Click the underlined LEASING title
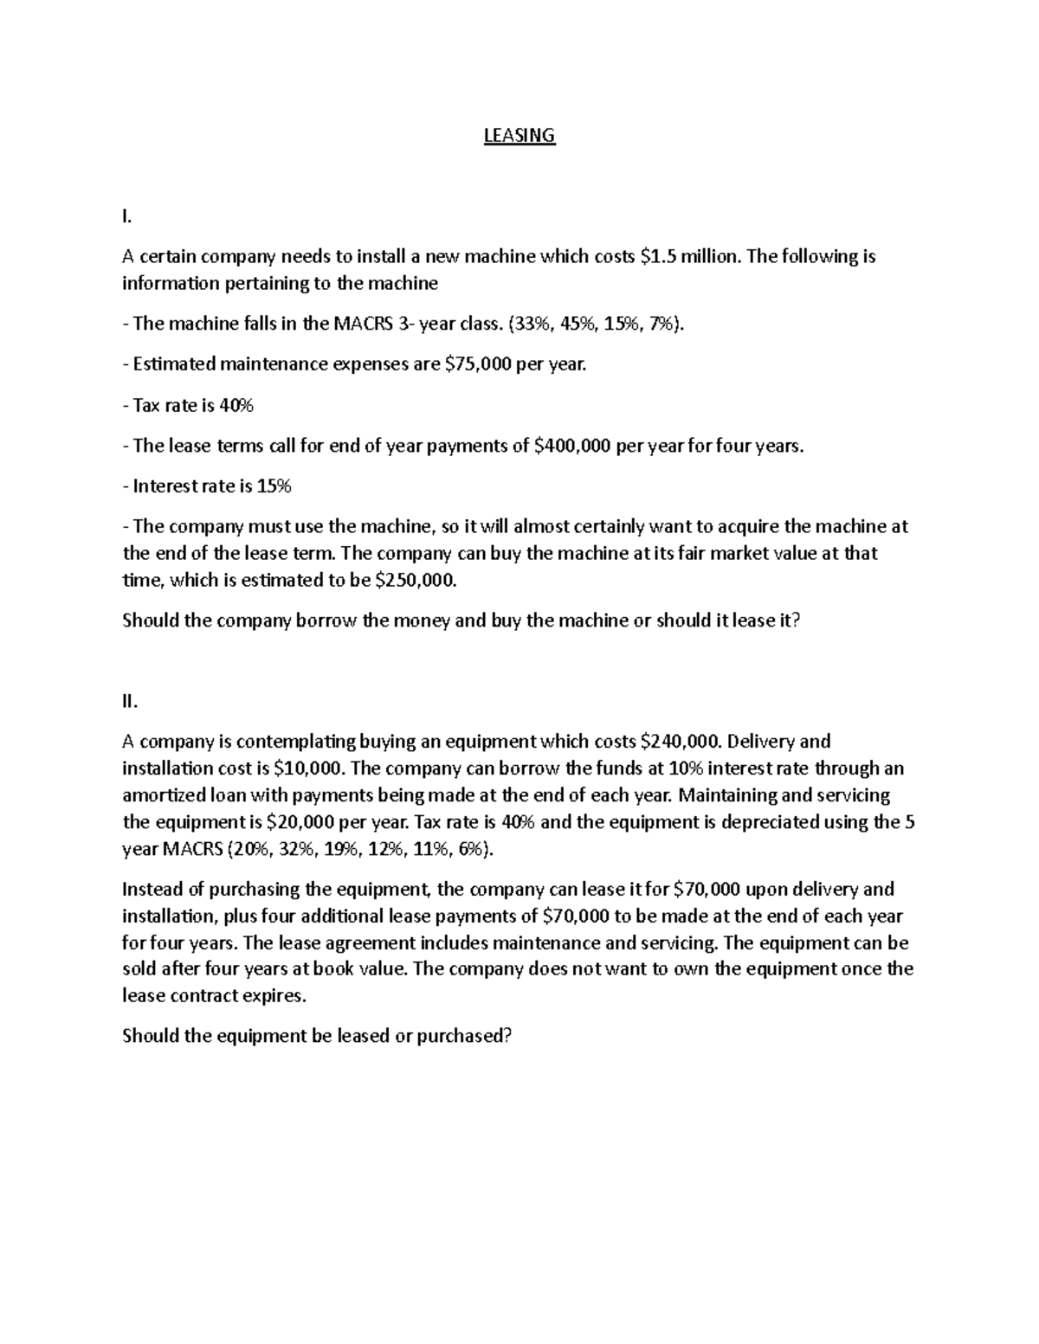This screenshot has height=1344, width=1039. point(519,136)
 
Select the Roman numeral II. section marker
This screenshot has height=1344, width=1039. point(130,701)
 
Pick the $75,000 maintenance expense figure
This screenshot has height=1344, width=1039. point(477,364)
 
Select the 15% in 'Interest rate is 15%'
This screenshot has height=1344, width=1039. point(274,486)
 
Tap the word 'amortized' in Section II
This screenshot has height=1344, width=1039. point(165,795)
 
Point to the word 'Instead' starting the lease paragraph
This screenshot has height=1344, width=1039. point(152,889)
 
